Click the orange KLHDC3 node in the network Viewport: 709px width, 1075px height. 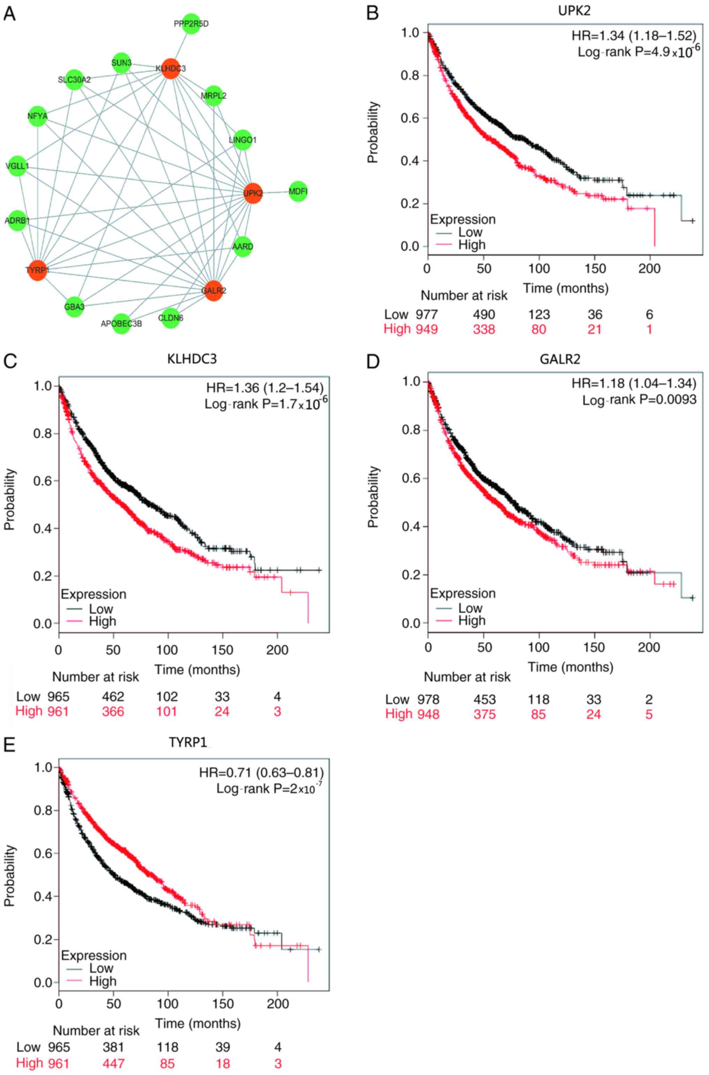(x=170, y=68)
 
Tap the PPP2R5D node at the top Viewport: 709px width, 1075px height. (x=191, y=23)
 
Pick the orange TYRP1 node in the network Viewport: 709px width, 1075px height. (x=38, y=270)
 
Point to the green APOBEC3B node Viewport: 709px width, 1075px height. (x=121, y=323)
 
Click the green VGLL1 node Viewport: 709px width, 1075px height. (x=17, y=166)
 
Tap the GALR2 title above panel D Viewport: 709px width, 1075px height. (x=560, y=359)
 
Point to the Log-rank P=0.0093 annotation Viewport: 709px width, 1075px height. (x=639, y=399)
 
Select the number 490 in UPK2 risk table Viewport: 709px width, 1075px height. (x=484, y=314)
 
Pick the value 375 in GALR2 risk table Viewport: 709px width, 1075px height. (x=484, y=714)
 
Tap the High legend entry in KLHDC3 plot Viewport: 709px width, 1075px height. (x=102, y=621)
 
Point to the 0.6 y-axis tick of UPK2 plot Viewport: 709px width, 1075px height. (x=410, y=118)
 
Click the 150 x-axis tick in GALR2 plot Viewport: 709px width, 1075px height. (x=594, y=648)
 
